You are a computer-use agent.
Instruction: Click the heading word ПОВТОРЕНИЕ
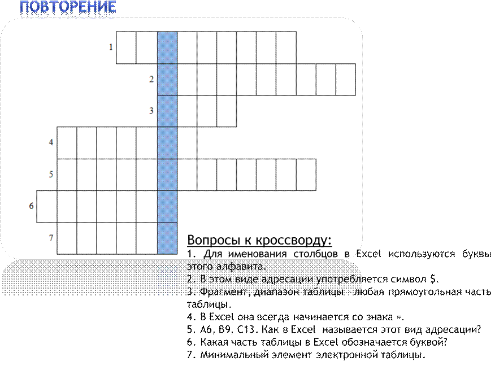68,7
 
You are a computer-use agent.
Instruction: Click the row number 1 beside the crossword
111,47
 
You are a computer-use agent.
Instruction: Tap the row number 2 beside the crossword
151,79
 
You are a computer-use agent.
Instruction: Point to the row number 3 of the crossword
151,111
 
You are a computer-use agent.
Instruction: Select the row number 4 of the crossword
51,142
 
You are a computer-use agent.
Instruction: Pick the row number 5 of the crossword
51,174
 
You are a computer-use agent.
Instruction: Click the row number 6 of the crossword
31,206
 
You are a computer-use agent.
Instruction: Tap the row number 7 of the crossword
51,238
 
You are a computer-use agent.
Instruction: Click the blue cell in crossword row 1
167,47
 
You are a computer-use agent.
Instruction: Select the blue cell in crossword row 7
167,238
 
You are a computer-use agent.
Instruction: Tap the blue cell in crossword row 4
167,143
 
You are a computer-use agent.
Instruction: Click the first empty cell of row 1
126,47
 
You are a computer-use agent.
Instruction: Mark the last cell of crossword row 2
346,80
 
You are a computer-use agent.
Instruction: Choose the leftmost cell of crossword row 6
47,206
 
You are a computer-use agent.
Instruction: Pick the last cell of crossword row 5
306,175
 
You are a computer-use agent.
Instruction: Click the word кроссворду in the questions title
293,240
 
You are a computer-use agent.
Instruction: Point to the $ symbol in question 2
433,279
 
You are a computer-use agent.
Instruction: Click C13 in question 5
246,329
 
